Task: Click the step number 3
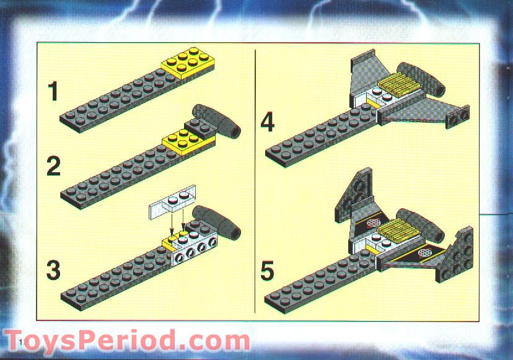(x=53, y=271)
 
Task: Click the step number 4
(x=267, y=122)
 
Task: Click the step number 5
(x=267, y=271)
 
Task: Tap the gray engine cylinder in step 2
(x=217, y=121)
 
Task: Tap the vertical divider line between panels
(x=256, y=180)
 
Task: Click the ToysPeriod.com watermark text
(x=127, y=341)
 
